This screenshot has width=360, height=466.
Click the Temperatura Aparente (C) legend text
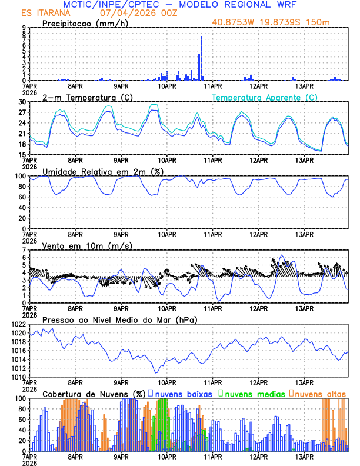(265, 97)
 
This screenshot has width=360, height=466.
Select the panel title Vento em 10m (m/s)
(87, 245)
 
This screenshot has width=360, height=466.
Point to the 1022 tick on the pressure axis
(19, 324)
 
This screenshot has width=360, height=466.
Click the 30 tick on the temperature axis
(23, 102)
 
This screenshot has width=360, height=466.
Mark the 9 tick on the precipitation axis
(25, 28)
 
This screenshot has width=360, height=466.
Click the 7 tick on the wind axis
(25, 250)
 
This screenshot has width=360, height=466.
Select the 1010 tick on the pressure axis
(19, 377)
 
